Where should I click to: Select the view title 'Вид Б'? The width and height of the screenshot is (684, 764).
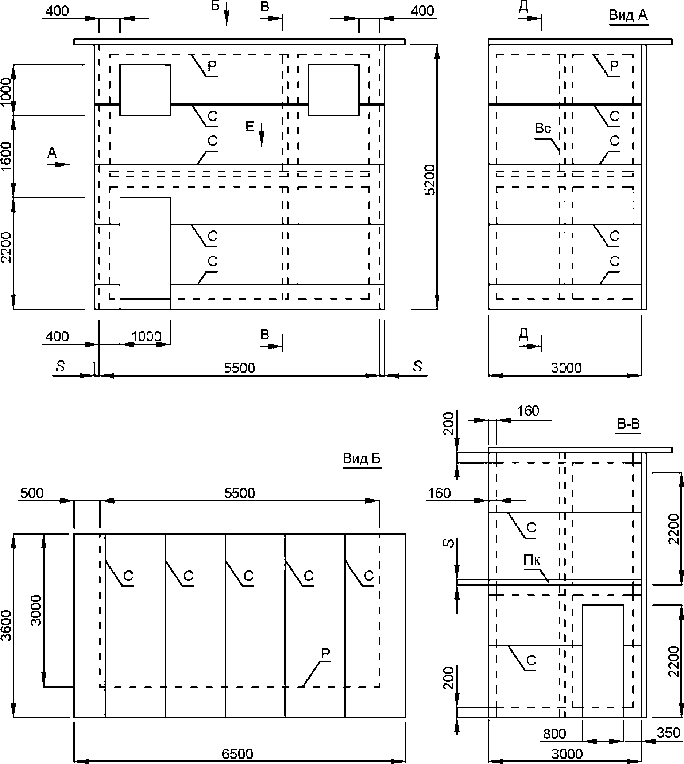(x=362, y=459)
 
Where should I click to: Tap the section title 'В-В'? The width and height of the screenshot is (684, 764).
(x=629, y=424)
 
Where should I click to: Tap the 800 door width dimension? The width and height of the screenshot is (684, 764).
(x=554, y=734)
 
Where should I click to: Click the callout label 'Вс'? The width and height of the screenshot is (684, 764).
(x=543, y=128)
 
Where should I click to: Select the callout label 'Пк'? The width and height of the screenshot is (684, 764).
(x=532, y=560)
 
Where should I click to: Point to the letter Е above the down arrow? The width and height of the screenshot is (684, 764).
(x=250, y=127)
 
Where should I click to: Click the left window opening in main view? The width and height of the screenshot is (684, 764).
(x=146, y=90)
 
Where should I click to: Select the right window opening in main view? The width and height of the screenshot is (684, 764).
(x=333, y=90)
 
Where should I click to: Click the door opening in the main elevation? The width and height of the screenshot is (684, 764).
(x=146, y=253)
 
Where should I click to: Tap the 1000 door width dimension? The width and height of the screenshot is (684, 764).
(x=146, y=336)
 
